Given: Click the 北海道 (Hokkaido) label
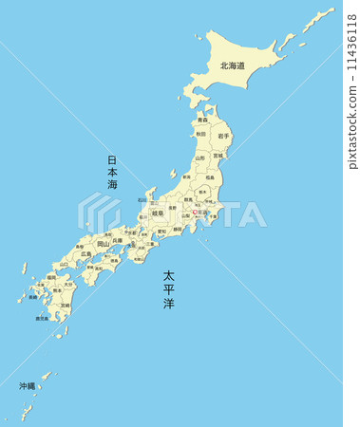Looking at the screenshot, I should pyautogui.click(x=232, y=66).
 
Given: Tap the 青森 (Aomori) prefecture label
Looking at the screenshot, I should pyautogui.click(x=202, y=121).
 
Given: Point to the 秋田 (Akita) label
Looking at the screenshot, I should pyautogui.click(x=200, y=135).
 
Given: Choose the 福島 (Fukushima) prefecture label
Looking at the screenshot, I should pyautogui.click(x=209, y=176).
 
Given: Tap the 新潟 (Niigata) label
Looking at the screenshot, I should pyautogui.click(x=187, y=176).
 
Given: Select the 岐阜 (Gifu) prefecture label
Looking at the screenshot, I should pyautogui.click(x=158, y=213).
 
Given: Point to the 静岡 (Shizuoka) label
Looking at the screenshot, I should pyautogui.click(x=178, y=229).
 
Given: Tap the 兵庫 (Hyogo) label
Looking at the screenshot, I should pyautogui.click(x=117, y=241).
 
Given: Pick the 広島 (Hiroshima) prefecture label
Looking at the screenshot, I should pyautogui.click(x=86, y=254).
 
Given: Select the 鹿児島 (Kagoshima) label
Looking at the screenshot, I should pyautogui.click(x=42, y=319).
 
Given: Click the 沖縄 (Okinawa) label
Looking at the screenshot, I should pyautogui.click(x=27, y=386).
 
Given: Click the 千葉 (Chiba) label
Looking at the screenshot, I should pyautogui.click(x=212, y=216).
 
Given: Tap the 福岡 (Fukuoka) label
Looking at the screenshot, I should pyautogui.click(x=51, y=277).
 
